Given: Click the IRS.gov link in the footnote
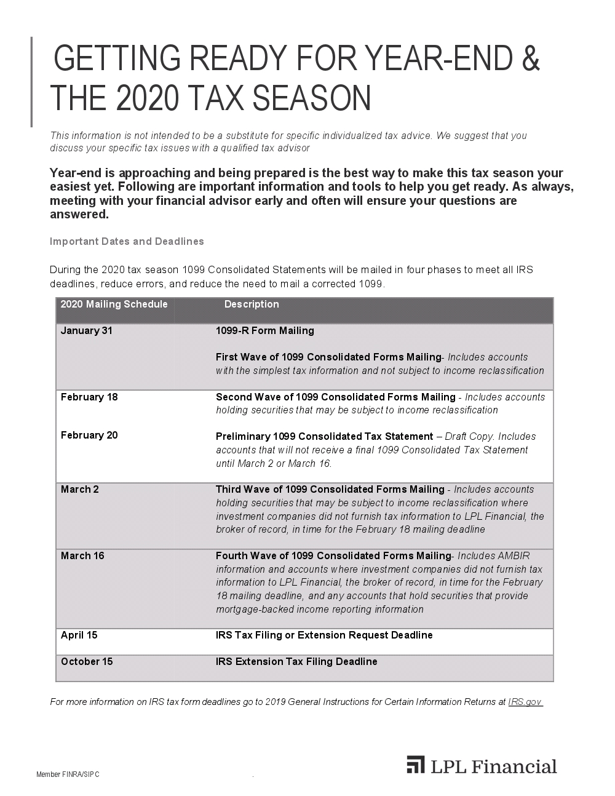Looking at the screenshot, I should click(525, 702).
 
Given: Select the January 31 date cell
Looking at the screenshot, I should click(87, 331).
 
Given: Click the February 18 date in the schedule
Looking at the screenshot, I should click(89, 397).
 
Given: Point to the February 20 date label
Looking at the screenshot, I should click(89, 436).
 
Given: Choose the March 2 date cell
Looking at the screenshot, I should click(80, 490).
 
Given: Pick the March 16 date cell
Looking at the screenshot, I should click(82, 556).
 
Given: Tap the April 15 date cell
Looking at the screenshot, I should click(79, 635).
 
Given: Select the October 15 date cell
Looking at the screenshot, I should click(87, 662).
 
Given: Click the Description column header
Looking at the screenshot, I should click(252, 304).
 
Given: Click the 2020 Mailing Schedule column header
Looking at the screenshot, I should click(114, 304).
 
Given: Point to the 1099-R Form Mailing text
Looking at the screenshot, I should click(264, 331).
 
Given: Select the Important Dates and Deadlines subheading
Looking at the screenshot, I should click(127, 242).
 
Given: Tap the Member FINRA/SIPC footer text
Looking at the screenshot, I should click(68, 774).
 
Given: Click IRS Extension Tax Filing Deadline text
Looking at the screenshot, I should click(296, 662).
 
